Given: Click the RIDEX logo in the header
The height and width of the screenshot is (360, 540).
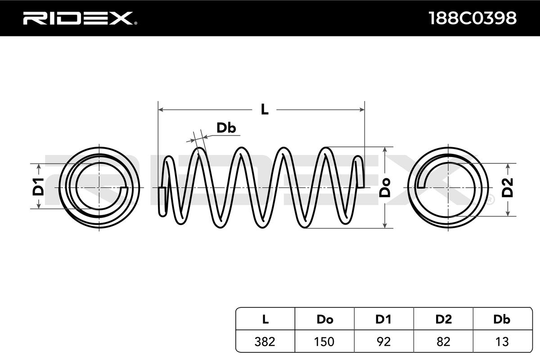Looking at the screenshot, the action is point(80,18).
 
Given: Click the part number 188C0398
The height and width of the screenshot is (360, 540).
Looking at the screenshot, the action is point(473,18).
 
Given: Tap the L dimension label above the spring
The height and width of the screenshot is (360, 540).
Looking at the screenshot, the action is point(265,110).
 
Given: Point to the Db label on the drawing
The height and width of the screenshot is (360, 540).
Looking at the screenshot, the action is point(226,128).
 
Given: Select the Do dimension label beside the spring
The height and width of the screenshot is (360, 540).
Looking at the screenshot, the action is point(385,188).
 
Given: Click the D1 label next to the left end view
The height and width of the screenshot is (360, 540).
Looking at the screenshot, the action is point(38,187).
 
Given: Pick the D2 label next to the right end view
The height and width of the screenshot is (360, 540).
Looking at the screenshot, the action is point(508,188).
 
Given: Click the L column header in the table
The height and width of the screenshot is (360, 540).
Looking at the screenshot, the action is point(265,319).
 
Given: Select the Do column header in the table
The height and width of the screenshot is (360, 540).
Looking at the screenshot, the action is point(325,319).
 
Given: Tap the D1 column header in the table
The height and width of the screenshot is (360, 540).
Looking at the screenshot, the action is point(383,319).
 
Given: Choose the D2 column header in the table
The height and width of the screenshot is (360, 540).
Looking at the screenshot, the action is point(444,319).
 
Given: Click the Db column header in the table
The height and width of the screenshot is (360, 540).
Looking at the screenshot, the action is point(502,319).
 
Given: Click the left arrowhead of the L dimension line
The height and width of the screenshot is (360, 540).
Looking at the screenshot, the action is point(161,110).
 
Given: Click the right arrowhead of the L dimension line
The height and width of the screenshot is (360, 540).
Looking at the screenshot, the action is point(362,110).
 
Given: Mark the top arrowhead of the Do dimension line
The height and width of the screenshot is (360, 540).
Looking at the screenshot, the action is point(385,149).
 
